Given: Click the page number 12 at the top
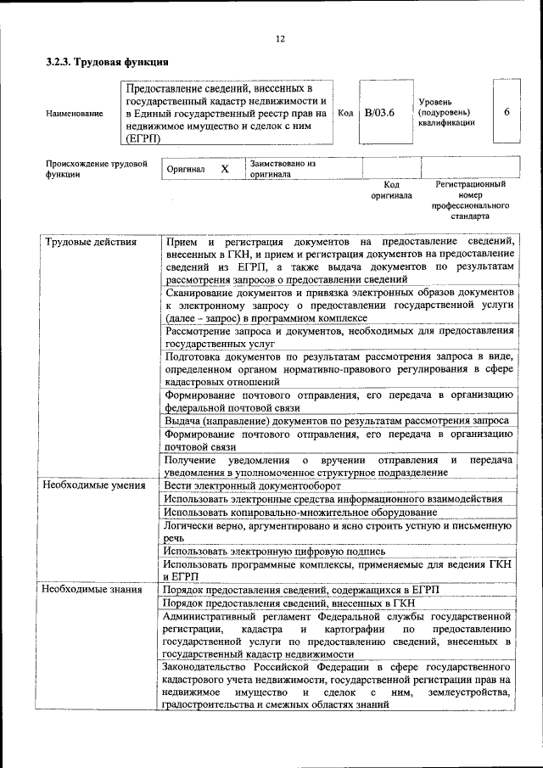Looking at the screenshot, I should coord(281,39).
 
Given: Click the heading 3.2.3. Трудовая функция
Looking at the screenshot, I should coord(107,62).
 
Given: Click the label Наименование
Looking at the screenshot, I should coord(75,113).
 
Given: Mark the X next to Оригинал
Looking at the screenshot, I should coord(225,169).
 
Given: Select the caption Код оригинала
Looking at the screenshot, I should coord(391,189).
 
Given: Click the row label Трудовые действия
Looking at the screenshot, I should coord(89,242).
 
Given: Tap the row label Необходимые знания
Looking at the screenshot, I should coord(92,588).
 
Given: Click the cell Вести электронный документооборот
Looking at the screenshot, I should coord(253,485).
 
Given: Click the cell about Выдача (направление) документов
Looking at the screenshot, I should coord(337,420).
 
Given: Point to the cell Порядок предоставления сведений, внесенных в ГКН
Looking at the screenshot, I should coord(283,602).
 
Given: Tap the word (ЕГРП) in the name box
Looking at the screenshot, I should coord(143,138).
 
